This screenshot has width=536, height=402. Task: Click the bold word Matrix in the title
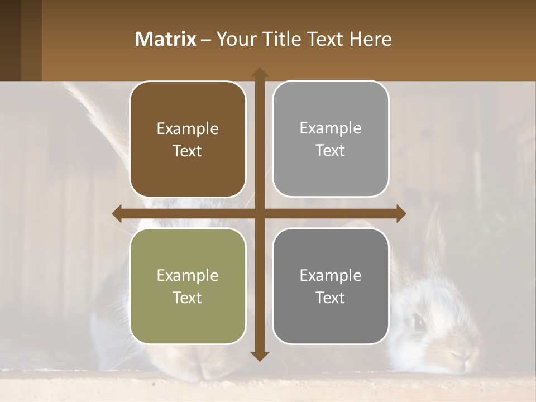tap(166, 39)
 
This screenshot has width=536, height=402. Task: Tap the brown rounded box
tap(188, 140)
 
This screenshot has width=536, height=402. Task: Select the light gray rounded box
tap(331, 139)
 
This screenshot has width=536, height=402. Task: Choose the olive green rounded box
tap(188, 286)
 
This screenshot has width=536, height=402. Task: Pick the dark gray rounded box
tap(331, 286)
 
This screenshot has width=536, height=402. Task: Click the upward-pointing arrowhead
tap(259, 72)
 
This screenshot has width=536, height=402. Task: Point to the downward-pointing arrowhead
tap(259, 356)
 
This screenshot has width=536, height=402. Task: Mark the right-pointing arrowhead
tap(401, 213)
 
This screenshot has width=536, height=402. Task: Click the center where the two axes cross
tap(259, 213)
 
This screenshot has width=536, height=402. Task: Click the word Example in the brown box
tap(188, 129)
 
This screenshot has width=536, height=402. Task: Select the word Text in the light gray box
tap(331, 151)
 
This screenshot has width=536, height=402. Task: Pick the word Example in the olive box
tap(188, 276)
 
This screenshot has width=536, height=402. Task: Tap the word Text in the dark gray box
tap(331, 298)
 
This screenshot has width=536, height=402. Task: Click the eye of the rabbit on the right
tap(418, 321)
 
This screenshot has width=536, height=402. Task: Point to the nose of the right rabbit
tap(459, 356)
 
